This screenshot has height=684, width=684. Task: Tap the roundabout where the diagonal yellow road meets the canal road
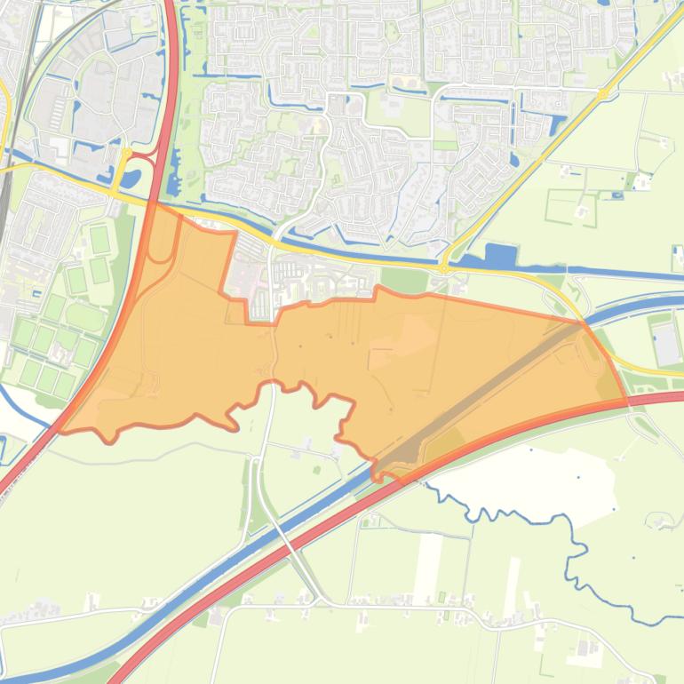pos(443,266)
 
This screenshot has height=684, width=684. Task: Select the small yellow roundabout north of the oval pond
pos(125,153)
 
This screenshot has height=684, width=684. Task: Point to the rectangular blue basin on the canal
pos(500,257)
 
